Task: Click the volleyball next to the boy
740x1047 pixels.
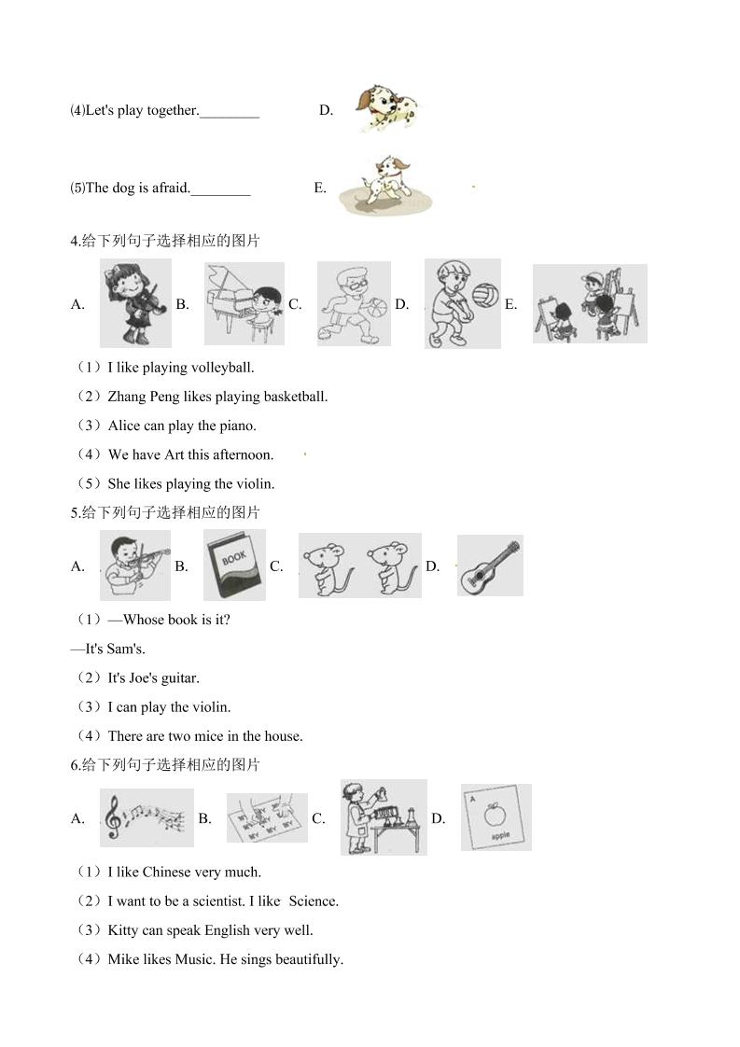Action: coord(485,295)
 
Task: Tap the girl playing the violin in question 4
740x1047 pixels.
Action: coord(136,303)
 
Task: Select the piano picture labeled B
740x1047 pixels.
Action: coord(244,304)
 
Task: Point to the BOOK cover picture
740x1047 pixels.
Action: coord(234,565)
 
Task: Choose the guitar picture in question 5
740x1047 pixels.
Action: coord(490,565)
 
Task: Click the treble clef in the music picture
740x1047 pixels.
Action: coord(114,817)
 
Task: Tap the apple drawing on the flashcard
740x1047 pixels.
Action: coord(496,814)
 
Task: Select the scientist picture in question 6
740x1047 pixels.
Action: coord(384,817)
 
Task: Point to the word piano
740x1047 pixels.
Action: coord(238,426)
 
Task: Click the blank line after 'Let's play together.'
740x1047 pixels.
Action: coord(230,117)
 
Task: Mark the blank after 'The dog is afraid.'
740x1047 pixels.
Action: coord(220,194)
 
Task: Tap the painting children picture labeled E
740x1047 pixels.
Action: coord(590,304)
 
